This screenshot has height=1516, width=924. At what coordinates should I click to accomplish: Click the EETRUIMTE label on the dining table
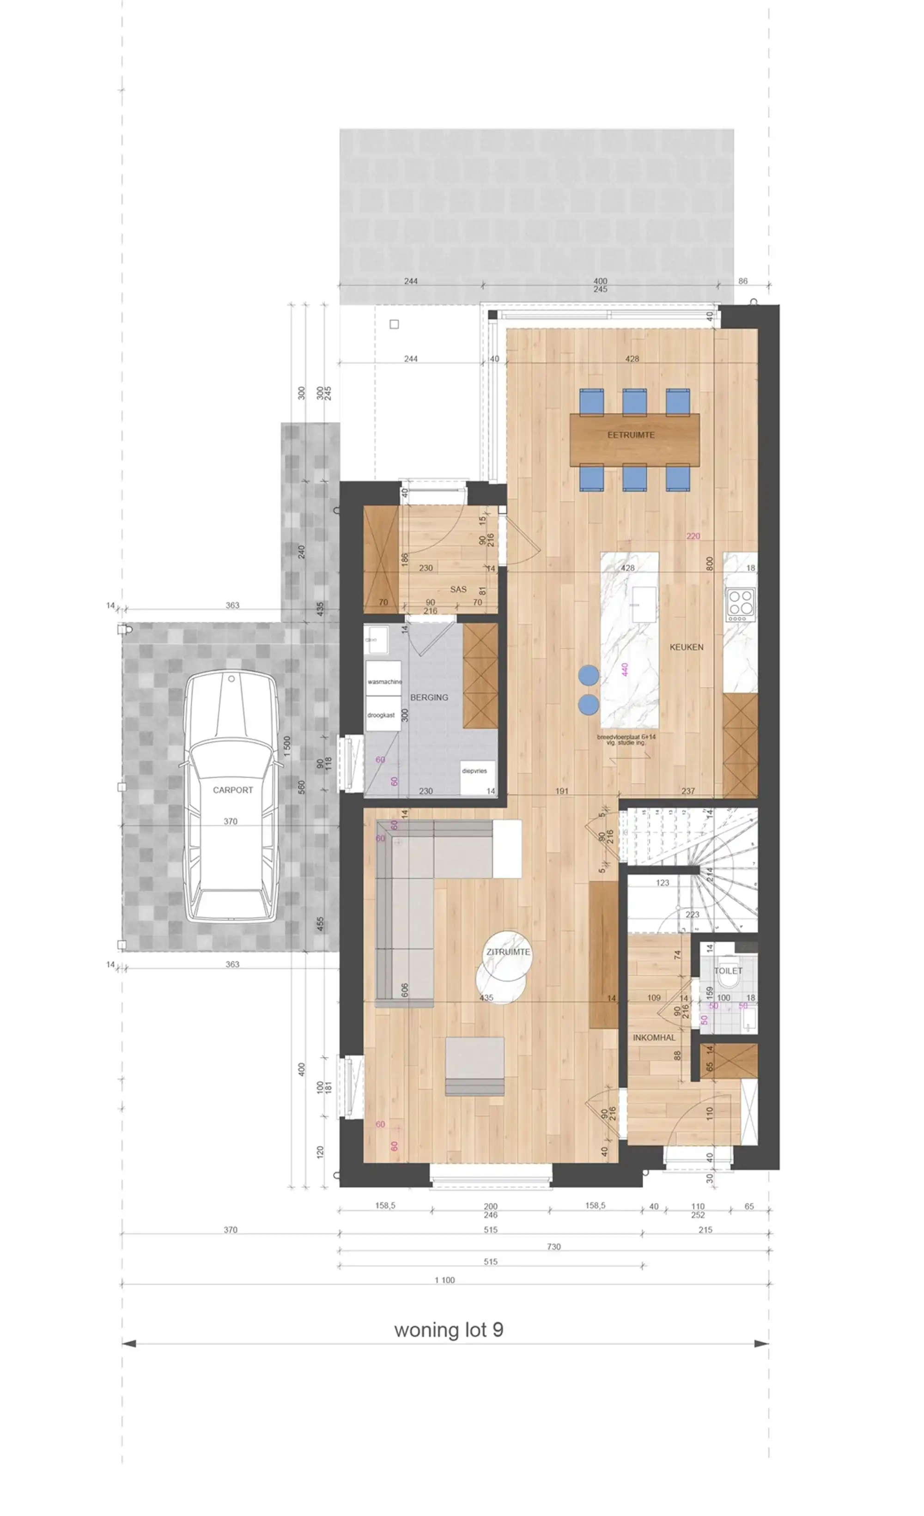(x=631, y=434)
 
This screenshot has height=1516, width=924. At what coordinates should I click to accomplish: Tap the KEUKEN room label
(x=686, y=647)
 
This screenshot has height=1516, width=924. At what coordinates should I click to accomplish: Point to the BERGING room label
(x=429, y=697)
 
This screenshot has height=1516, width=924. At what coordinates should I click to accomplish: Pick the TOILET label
(x=728, y=970)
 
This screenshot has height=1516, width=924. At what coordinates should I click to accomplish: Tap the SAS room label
(x=458, y=589)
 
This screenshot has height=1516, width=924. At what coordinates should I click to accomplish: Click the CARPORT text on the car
(x=232, y=789)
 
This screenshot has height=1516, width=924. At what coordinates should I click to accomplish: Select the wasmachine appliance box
(x=384, y=680)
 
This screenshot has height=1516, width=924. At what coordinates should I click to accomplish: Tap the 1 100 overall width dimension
(x=444, y=1280)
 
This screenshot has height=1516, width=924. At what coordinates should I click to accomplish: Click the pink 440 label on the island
(x=625, y=669)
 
